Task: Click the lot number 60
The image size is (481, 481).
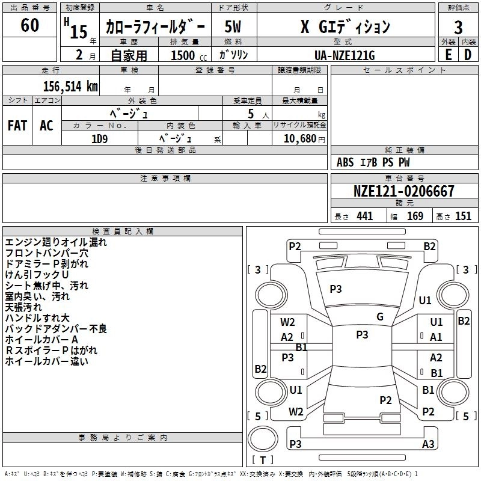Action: pos(29,26)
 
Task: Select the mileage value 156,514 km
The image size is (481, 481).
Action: pos(70,86)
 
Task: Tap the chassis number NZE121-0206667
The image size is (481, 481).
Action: pos(403,192)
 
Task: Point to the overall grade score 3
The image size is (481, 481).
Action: pos(458,27)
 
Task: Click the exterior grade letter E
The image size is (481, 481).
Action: pos(448,54)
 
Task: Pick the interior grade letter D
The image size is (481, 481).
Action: pos(468,54)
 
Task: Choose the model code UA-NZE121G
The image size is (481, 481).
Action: pos(345,55)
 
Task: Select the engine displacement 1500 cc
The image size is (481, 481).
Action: pos(183,55)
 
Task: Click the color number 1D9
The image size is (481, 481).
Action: pos(99,138)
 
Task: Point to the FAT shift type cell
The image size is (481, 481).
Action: pos(17,125)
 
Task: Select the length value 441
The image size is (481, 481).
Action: pos(364,216)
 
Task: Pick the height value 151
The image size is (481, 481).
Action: pos(462,216)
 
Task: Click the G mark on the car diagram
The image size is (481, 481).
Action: pos(380,317)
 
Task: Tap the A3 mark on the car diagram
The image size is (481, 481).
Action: pos(428,444)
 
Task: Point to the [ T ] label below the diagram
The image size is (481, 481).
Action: pos(263,461)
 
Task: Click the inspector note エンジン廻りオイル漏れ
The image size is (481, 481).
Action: pos(56,242)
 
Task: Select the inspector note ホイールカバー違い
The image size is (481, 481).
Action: pos(46,361)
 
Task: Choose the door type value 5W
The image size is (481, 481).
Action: pos(233,27)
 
